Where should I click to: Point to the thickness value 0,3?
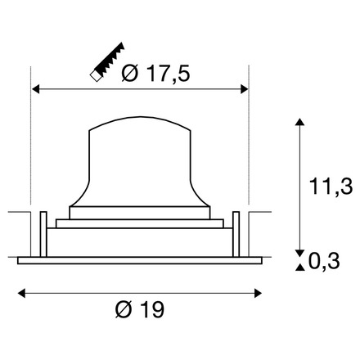330,261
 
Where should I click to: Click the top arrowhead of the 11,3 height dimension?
299,124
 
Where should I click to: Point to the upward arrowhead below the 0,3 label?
299,268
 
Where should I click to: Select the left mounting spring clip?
41,232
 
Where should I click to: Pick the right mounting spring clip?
236,232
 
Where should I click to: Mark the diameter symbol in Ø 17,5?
128,74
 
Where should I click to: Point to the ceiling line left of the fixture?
16,214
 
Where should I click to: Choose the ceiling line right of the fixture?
260,214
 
